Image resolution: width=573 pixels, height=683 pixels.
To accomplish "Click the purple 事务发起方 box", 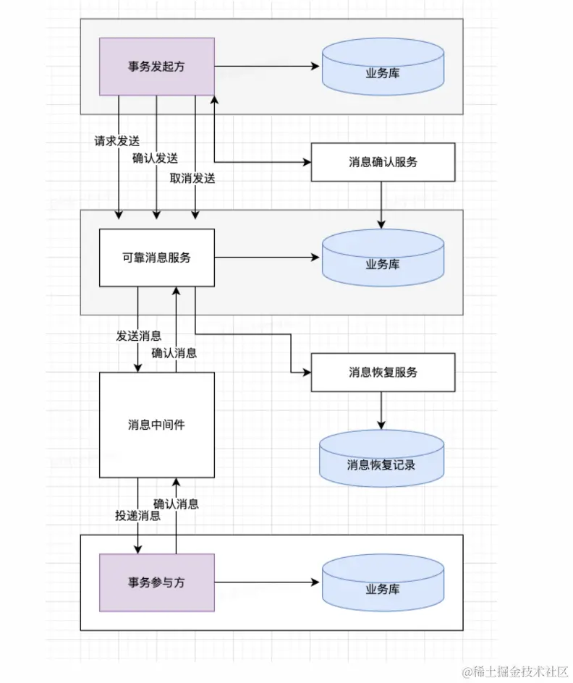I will (156, 67).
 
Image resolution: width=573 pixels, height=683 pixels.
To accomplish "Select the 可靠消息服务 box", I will (156, 258).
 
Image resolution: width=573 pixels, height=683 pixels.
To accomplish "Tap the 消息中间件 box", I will (156, 425).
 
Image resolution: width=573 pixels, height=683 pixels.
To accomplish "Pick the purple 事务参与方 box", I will (156, 582).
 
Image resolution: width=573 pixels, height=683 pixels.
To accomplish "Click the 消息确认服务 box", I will (383, 162).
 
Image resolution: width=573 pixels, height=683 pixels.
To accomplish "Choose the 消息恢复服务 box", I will (383, 373).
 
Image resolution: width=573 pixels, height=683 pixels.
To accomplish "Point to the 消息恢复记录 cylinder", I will (381, 460).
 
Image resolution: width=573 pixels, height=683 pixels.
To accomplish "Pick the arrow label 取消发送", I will (192, 178).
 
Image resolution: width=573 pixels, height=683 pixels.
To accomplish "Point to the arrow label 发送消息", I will (138, 336).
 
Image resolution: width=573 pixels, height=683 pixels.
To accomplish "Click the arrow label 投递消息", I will (137, 516).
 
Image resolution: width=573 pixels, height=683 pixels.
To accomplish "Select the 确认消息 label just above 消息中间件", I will (174, 353).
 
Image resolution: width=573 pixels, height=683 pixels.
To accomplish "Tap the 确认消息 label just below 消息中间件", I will (176, 504).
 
